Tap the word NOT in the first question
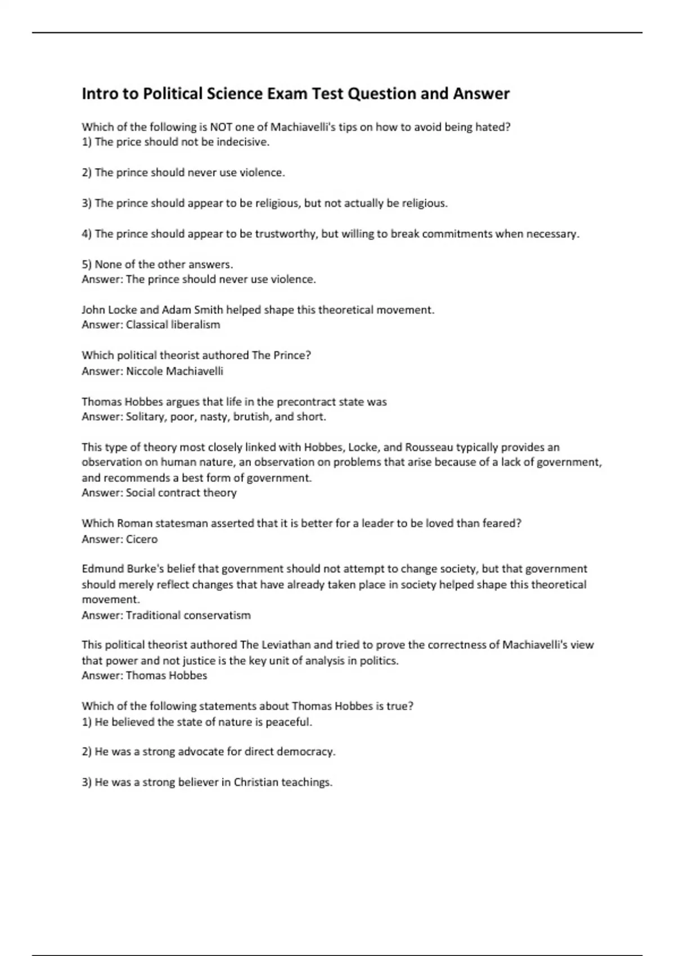220,127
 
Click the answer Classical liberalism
173,324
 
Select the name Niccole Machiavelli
174,371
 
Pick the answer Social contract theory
181,493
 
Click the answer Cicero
142,539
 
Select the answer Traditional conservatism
188,615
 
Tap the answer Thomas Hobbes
166,675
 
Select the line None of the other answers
157,264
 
